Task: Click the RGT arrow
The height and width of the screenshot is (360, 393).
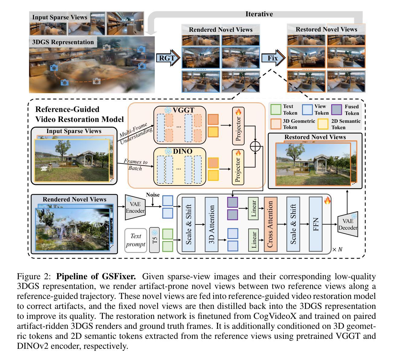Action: (x=168, y=58)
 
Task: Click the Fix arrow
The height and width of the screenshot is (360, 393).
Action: (x=273, y=58)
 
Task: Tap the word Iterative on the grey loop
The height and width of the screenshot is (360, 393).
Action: (x=259, y=14)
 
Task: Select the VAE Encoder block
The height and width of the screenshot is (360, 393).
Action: (x=135, y=208)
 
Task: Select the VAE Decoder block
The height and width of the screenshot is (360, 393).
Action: (x=348, y=224)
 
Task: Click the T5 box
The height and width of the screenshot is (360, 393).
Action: (x=154, y=240)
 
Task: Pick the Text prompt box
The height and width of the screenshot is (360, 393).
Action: (x=135, y=240)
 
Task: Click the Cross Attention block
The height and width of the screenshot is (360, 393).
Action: (x=271, y=224)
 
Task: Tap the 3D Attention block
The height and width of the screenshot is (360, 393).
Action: (x=211, y=224)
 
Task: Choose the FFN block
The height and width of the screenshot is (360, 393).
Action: (x=316, y=224)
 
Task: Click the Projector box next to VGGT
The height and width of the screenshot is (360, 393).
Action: (x=238, y=126)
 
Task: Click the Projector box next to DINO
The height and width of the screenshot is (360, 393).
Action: (x=238, y=167)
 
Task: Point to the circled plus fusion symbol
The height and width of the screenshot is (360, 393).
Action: (x=255, y=146)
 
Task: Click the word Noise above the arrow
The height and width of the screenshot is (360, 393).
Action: (x=153, y=195)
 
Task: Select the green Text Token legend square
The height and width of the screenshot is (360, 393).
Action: (x=276, y=110)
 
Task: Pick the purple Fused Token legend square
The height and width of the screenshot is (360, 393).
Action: (x=337, y=110)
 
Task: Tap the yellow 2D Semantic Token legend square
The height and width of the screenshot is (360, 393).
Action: (x=323, y=124)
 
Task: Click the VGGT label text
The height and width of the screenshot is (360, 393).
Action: (x=184, y=110)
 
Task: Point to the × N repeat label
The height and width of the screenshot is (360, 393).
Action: (x=337, y=249)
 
